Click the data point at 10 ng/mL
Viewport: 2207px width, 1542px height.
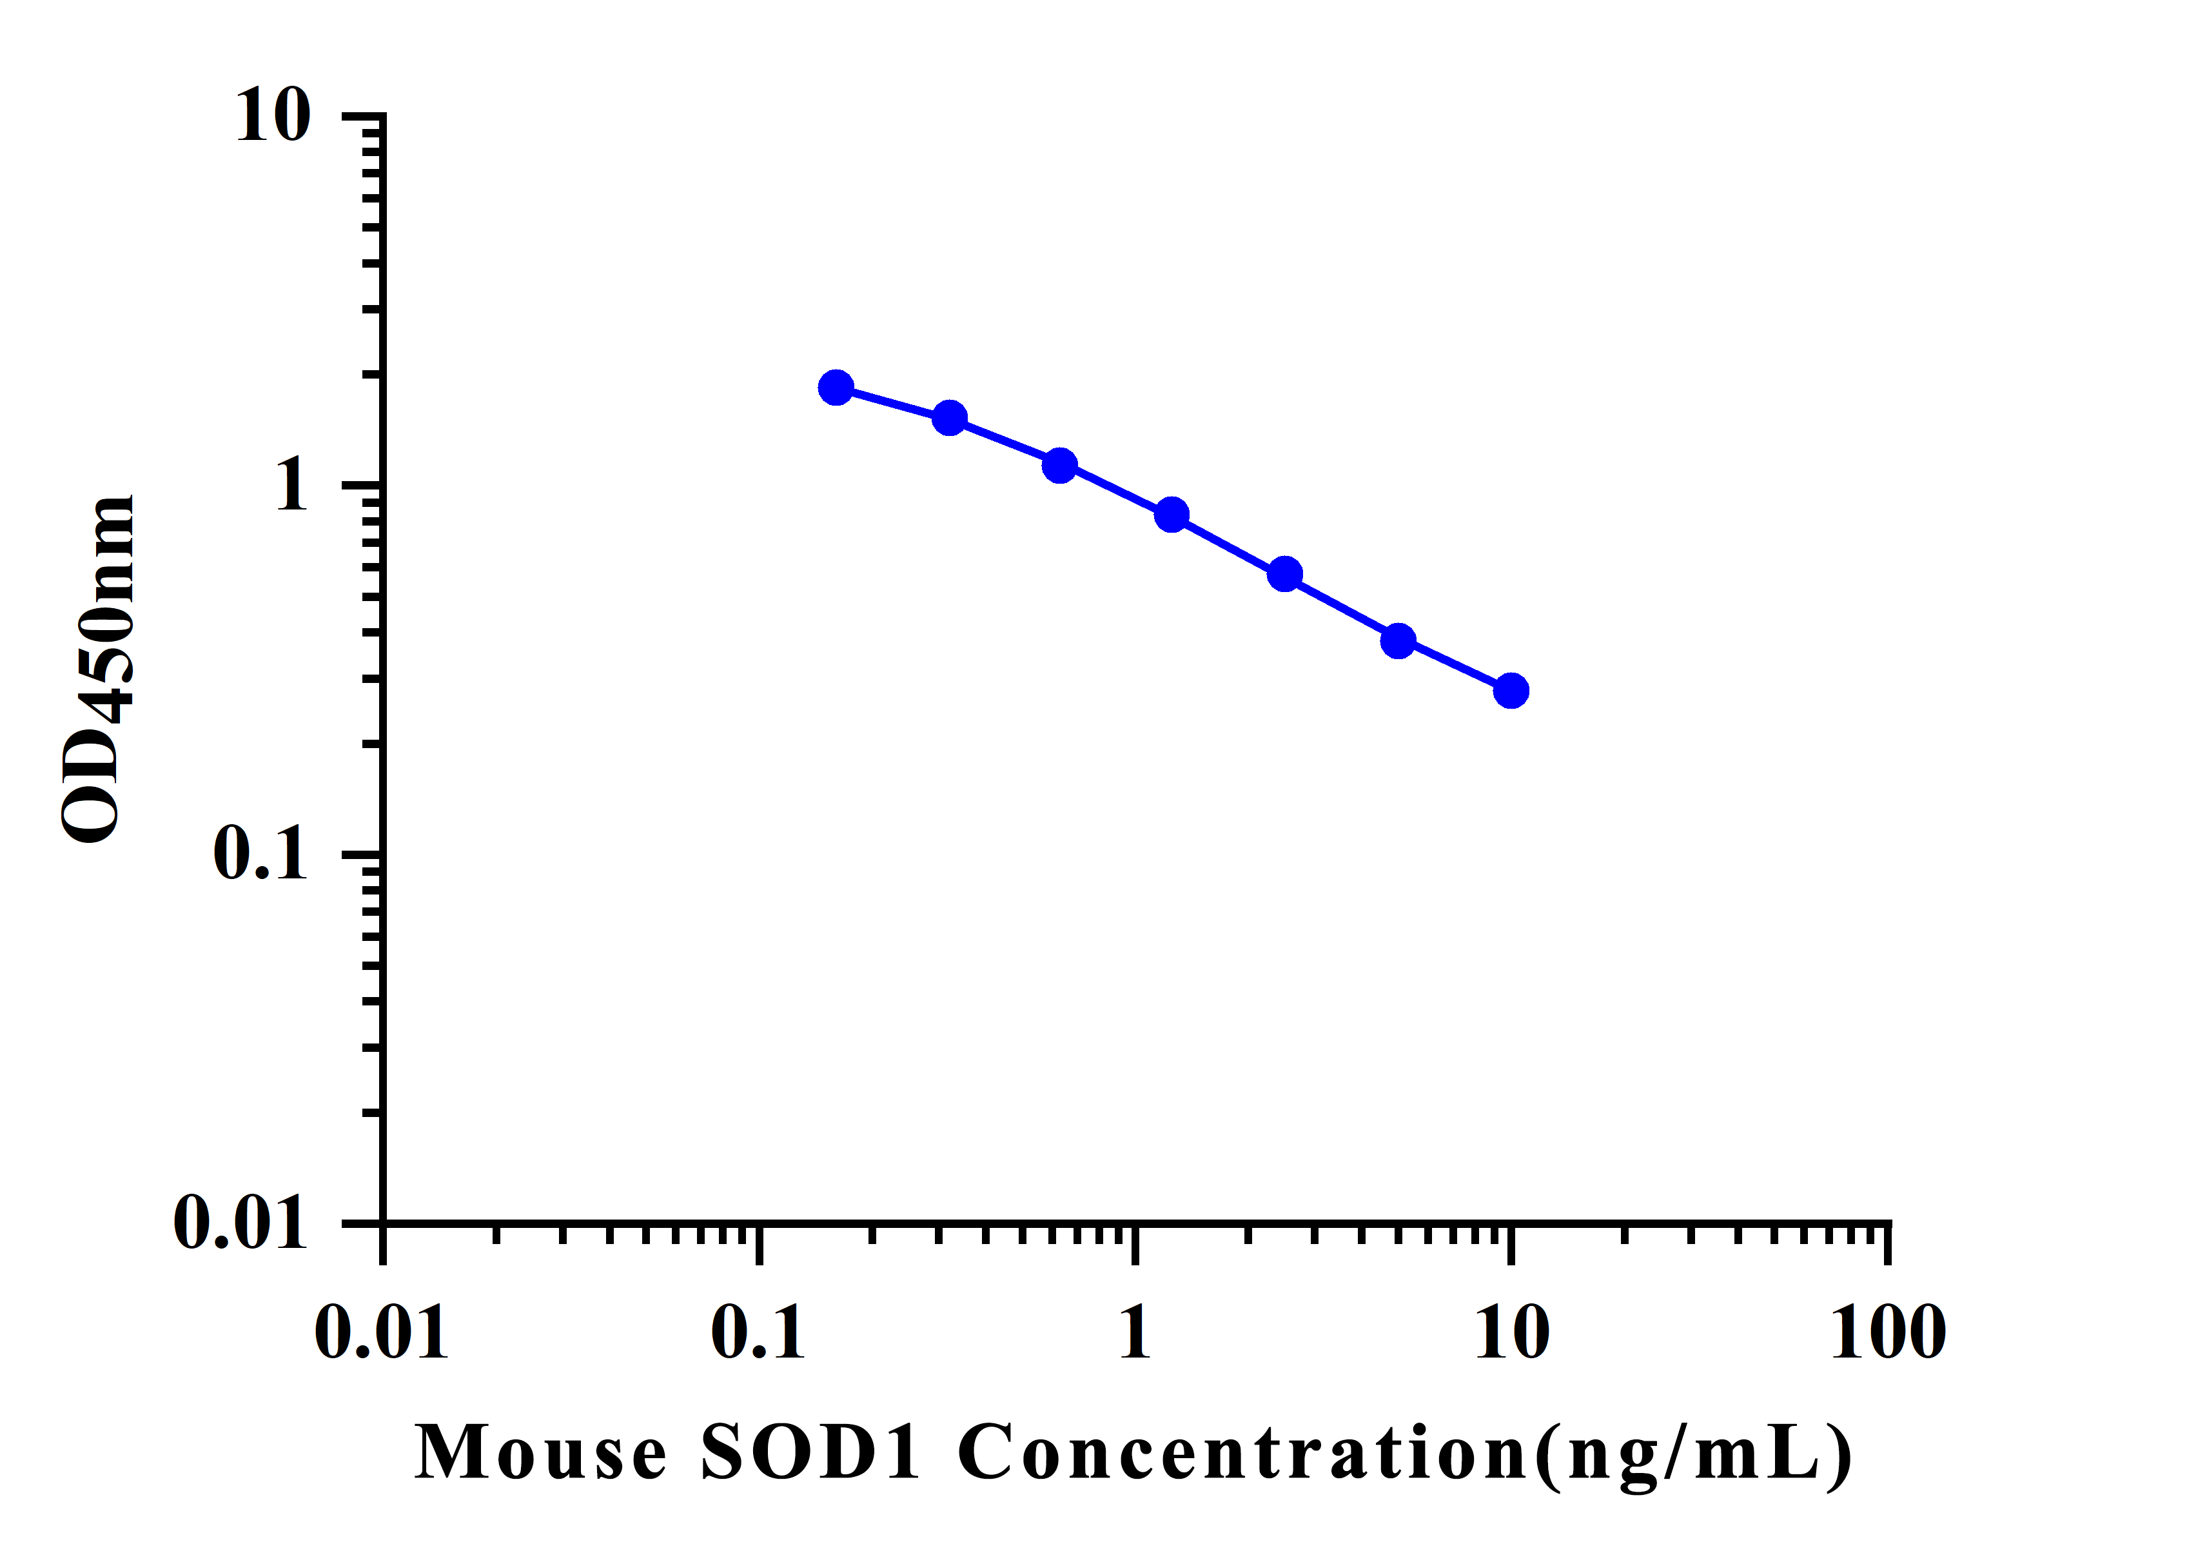point(1511,690)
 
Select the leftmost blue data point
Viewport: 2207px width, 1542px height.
point(836,388)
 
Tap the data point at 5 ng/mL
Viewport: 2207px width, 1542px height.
point(1398,640)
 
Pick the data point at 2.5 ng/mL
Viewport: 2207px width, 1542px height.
point(1285,575)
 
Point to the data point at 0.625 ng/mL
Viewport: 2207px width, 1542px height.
point(1059,465)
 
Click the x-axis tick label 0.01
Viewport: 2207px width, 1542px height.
point(382,1334)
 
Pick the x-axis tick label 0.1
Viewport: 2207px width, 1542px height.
point(758,1334)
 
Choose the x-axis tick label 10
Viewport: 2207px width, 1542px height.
point(1512,1334)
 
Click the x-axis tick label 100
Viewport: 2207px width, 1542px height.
point(1888,1334)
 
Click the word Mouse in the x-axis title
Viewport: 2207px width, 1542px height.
point(541,1452)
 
